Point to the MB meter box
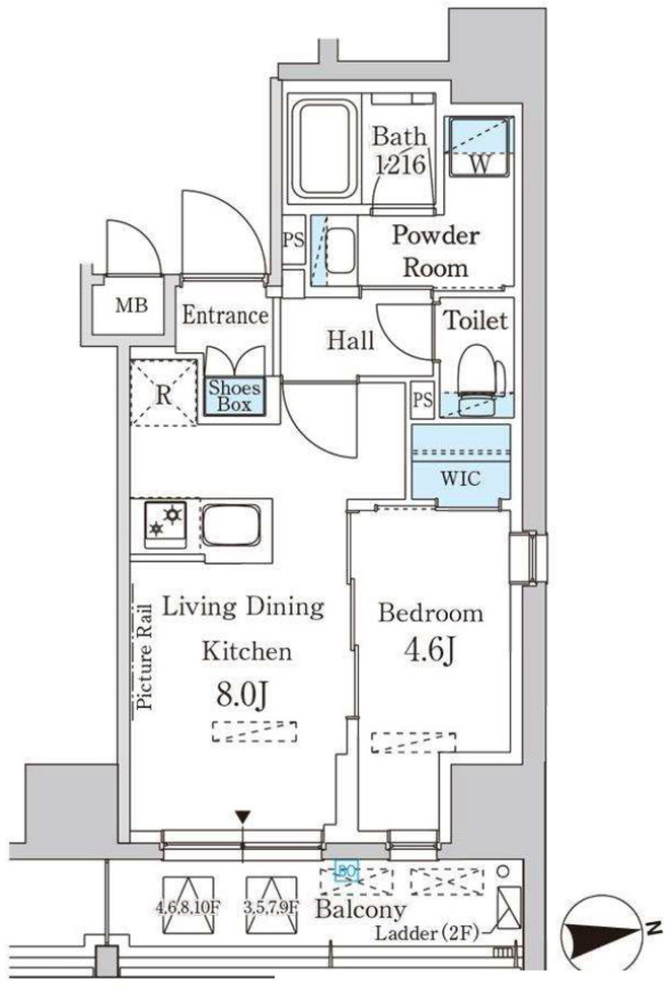132,307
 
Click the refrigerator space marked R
163,393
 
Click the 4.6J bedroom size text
430,651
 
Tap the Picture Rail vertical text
145,656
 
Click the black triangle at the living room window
243,818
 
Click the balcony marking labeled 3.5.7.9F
270,895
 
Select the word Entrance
224,316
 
